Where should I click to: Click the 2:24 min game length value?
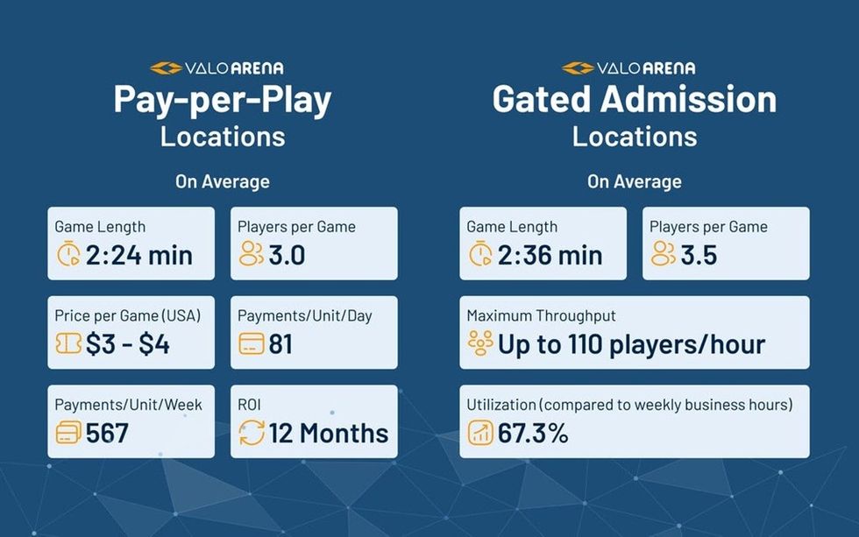tap(138, 255)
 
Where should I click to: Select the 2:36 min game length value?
tap(550, 255)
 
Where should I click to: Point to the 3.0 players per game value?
tap(288, 255)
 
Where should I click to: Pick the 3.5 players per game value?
tap(699, 255)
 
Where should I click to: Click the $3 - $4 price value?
tap(127, 344)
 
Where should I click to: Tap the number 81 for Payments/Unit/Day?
tap(280, 344)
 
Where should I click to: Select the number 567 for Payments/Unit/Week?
tap(107, 433)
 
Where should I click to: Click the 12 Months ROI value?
tap(329, 433)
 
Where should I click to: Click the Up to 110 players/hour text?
tap(631, 344)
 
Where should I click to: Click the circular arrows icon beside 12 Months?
tap(252, 433)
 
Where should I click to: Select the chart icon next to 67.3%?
tap(480, 433)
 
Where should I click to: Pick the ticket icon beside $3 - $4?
tap(67, 344)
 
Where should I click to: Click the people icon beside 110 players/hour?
tap(480, 344)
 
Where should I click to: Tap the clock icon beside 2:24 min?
tap(67, 255)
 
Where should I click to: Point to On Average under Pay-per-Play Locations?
tap(222, 182)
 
